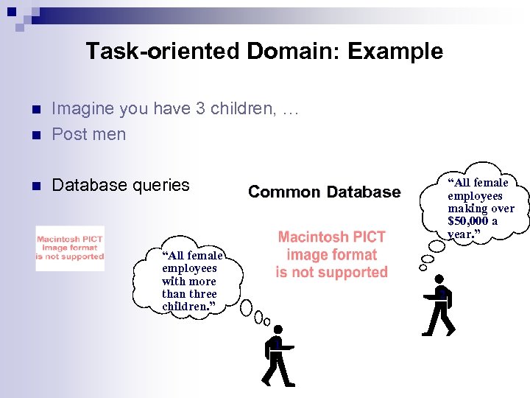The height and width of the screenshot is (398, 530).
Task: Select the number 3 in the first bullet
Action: [200, 109]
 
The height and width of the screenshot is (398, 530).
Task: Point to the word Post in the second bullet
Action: [70, 134]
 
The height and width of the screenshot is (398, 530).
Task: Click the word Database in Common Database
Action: [361, 192]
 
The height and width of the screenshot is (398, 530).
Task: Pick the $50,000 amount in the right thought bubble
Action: [467, 221]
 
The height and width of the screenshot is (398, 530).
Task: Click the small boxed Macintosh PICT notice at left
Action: [70, 248]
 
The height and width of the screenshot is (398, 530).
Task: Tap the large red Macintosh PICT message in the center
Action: [331, 254]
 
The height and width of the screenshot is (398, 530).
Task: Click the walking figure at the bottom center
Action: [277, 360]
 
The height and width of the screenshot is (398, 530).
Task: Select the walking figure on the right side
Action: [439, 305]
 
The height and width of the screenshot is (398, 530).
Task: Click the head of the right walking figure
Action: [439, 279]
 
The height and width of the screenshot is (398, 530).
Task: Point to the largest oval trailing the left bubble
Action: [247, 307]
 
